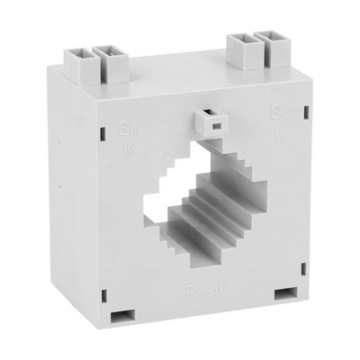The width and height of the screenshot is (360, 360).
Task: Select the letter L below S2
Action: [x=276, y=131]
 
